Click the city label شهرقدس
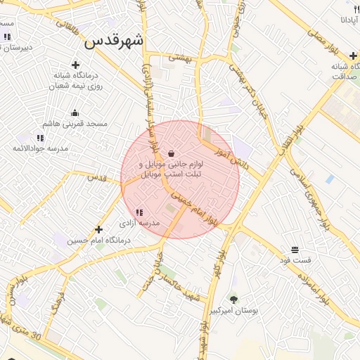click(114, 41)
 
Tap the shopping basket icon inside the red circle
click(172, 153)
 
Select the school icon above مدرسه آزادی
click(139, 212)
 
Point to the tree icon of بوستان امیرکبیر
click(233, 299)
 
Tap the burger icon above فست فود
click(295, 250)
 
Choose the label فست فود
click(295, 261)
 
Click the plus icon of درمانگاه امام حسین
click(98, 229)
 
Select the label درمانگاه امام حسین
click(99, 240)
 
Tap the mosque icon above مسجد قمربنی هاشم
click(75, 112)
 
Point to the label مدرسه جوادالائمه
click(40, 149)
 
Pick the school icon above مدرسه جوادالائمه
click(40, 138)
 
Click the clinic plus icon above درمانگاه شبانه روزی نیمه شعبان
click(75, 65)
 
